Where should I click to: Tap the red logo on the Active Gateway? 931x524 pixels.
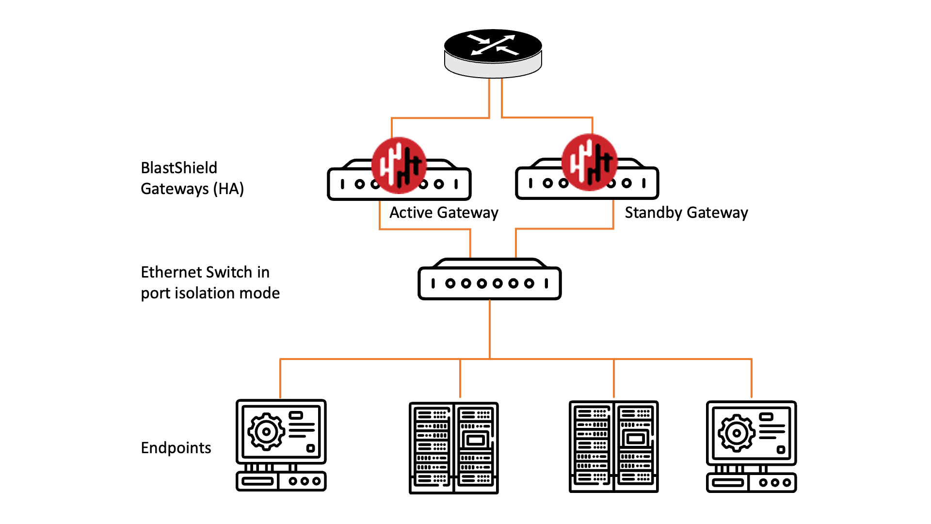tap(399, 165)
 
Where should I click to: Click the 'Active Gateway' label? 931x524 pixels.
tap(444, 213)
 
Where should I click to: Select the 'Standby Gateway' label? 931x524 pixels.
tap(686, 213)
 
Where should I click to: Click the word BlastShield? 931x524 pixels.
tap(179, 168)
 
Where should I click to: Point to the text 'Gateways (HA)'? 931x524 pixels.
tap(192, 189)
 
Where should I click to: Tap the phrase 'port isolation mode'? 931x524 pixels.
tap(210, 293)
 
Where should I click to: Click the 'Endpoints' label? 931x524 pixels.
tap(176, 447)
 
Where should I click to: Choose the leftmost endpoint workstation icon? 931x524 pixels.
tap(281, 445)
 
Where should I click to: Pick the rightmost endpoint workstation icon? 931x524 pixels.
tap(751, 446)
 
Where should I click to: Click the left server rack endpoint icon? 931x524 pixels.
tap(453, 447)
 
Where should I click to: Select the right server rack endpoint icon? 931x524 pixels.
tap(613, 446)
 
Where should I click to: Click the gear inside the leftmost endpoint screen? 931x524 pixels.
tap(266, 431)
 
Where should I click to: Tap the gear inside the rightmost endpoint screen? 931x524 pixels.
tap(736, 433)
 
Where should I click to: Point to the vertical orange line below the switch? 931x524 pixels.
tap(490, 330)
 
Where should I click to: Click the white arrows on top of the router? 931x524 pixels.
tap(493, 44)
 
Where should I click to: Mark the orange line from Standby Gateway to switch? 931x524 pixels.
tap(562, 229)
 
